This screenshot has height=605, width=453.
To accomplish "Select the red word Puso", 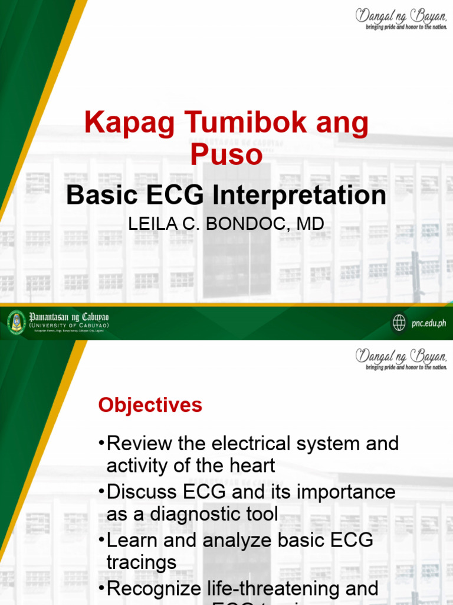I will point(226,155).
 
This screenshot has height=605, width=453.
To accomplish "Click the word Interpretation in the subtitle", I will point(300,196).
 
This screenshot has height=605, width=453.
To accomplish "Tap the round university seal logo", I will point(17,321).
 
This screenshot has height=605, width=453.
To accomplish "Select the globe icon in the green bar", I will point(399,323).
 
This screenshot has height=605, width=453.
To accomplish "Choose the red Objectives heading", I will point(150,405).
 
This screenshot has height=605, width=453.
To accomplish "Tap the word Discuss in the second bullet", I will point(141,492).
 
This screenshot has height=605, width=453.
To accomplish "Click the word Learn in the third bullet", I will point(131,541).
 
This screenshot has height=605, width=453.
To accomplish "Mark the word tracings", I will point(141,562).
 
